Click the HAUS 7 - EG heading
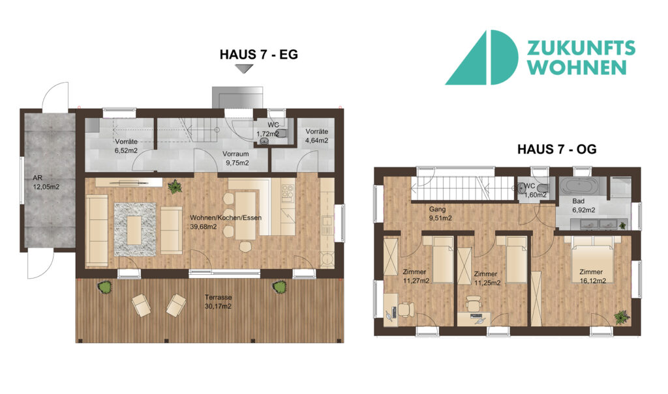click(258, 55)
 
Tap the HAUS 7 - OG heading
click(557, 149)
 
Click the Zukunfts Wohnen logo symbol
click(481, 57)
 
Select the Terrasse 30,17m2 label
click(218, 302)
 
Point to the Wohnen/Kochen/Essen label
click(226, 222)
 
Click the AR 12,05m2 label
click(46, 182)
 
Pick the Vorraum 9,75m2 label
click(236, 158)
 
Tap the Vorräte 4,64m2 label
click(316, 135)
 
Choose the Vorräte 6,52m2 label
click(126, 146)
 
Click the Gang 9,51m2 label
click(440, 214)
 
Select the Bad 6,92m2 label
click(583, 206)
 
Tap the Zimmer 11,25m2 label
click(487, 278)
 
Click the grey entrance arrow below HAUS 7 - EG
click(244, 68)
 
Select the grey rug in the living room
click(135, 229)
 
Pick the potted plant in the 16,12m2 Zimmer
click(622, 317)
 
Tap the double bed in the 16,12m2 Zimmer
click(593, 259)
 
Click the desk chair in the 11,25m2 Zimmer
click(473, 303)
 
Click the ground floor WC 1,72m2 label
click(268, 130)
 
